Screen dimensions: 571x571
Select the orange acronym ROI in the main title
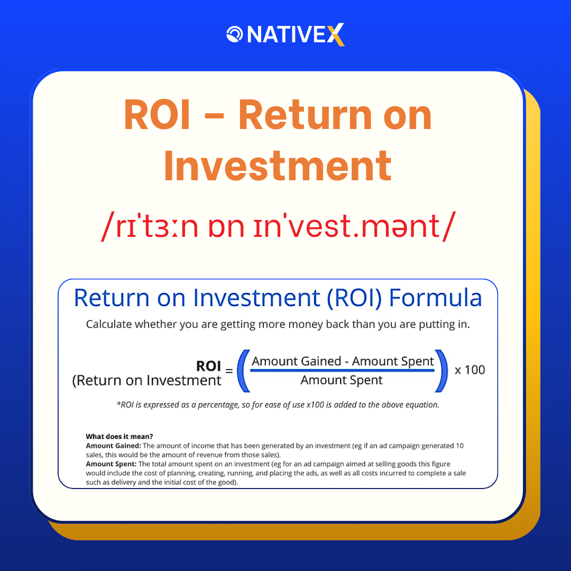point(157,116)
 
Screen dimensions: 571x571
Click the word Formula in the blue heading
point(435,298)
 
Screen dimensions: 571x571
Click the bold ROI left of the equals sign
point(208,366)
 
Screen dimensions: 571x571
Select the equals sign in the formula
point(229,372)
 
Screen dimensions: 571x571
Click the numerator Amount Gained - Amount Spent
point(343,361)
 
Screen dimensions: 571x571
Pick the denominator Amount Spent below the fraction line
point(342,380)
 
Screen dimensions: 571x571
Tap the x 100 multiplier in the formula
point(469,370)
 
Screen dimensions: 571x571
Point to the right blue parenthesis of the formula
point(441,371)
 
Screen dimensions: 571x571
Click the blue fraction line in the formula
point(342,370)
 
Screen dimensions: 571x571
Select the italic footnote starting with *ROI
point(278,405)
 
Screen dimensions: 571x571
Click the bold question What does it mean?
point(119,437)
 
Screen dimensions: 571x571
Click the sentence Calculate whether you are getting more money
point(278,324)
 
